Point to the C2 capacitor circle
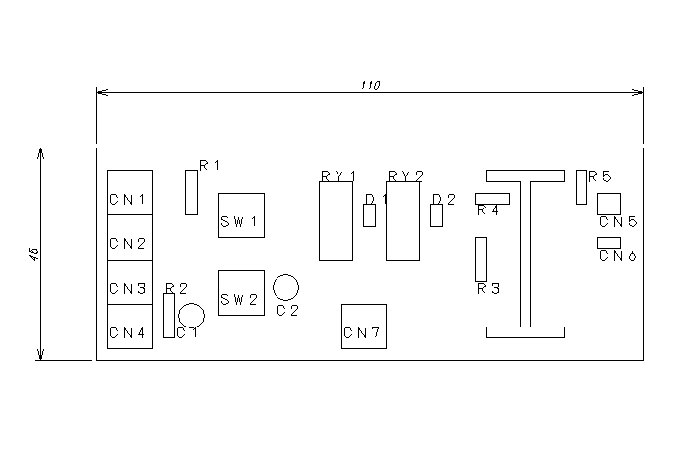[x=286, y=287]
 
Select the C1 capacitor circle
[x=191, y=316]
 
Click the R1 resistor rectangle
[x=191, y=192]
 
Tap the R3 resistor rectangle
[x=481, y=259]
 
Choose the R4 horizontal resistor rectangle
[x=492, y=199]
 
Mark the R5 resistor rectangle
[x=582, y=187]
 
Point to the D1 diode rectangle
[x=369, y=215]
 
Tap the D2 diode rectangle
[x=436, y=215]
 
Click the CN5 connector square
[x=609, y=204]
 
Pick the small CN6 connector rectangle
[x=609, y=242]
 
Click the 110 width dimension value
[x=369, y=86]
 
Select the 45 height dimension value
[x=34, y=255]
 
